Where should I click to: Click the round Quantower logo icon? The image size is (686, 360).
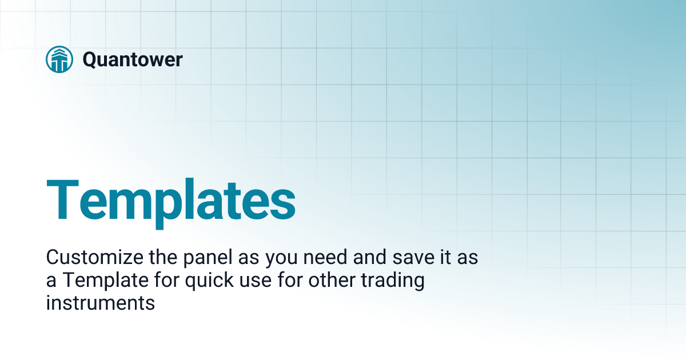[59, 59]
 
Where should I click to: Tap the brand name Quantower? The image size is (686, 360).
[133, 59]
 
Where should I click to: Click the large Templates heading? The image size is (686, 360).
[170, 199]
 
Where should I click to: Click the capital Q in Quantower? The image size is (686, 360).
[90, 59]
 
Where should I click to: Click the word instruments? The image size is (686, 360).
[101, 303]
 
